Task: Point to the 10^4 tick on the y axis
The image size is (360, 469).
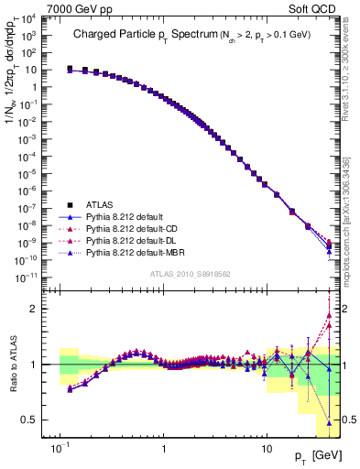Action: (x=44, y=17)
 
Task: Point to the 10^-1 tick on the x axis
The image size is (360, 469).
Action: (x=60, y=450)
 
